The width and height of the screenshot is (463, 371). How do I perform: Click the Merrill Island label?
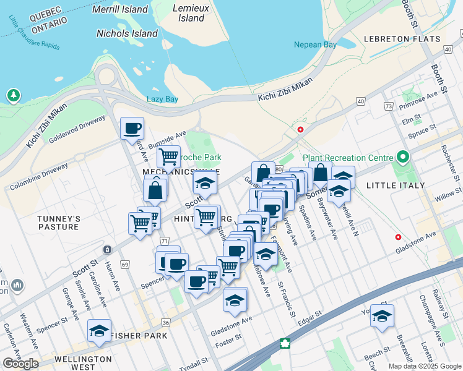(120, 9)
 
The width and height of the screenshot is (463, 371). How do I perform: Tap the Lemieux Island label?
(191, 13)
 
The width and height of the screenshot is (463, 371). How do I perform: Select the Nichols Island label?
(128, 33)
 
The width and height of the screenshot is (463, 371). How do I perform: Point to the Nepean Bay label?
(316, 45)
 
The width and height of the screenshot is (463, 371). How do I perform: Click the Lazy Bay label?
(162, 99)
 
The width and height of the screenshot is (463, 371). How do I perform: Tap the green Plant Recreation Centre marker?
(404, 157)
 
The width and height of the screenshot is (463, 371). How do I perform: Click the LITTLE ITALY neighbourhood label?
(396, 185)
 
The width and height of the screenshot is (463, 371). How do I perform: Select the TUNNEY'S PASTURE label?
(59, 223)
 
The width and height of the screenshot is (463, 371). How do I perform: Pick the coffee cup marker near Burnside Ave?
(132, 129)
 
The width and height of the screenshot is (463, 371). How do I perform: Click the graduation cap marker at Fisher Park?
(99, 331)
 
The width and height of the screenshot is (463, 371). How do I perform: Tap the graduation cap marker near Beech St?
(382, 316)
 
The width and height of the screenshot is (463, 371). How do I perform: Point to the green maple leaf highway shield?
(285, 343)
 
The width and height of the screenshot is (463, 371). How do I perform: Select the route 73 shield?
(388, 106)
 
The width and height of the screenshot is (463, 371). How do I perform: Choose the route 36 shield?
(165, 322)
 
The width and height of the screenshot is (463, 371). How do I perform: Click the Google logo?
(21, 364)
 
